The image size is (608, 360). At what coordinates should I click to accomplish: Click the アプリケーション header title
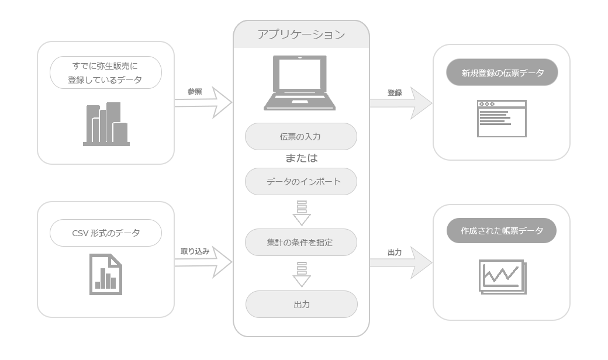[301, 34]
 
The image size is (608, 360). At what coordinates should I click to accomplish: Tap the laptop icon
[300, 83]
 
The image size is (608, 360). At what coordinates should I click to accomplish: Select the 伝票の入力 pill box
[300, 137]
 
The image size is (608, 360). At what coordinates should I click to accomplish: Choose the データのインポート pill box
[301, 182]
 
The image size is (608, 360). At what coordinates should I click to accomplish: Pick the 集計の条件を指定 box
[301, 242]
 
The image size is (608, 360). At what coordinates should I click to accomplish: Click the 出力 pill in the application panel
[301, 304]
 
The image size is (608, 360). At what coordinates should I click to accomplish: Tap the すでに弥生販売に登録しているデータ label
[105, 72]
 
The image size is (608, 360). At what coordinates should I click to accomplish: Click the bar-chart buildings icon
[106, 124]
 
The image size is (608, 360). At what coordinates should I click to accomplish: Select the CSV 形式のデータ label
[105, 233]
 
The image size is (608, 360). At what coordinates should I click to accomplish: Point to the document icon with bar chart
[105, 275]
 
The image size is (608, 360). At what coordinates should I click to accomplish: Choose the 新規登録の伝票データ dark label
[502, 73]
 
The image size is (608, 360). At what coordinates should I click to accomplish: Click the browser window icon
[502, 119]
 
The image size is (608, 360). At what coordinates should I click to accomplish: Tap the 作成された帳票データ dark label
[502, 231]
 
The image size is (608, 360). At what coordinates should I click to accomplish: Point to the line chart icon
[502, 276]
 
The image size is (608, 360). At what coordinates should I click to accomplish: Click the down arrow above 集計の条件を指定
[302, 213]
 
